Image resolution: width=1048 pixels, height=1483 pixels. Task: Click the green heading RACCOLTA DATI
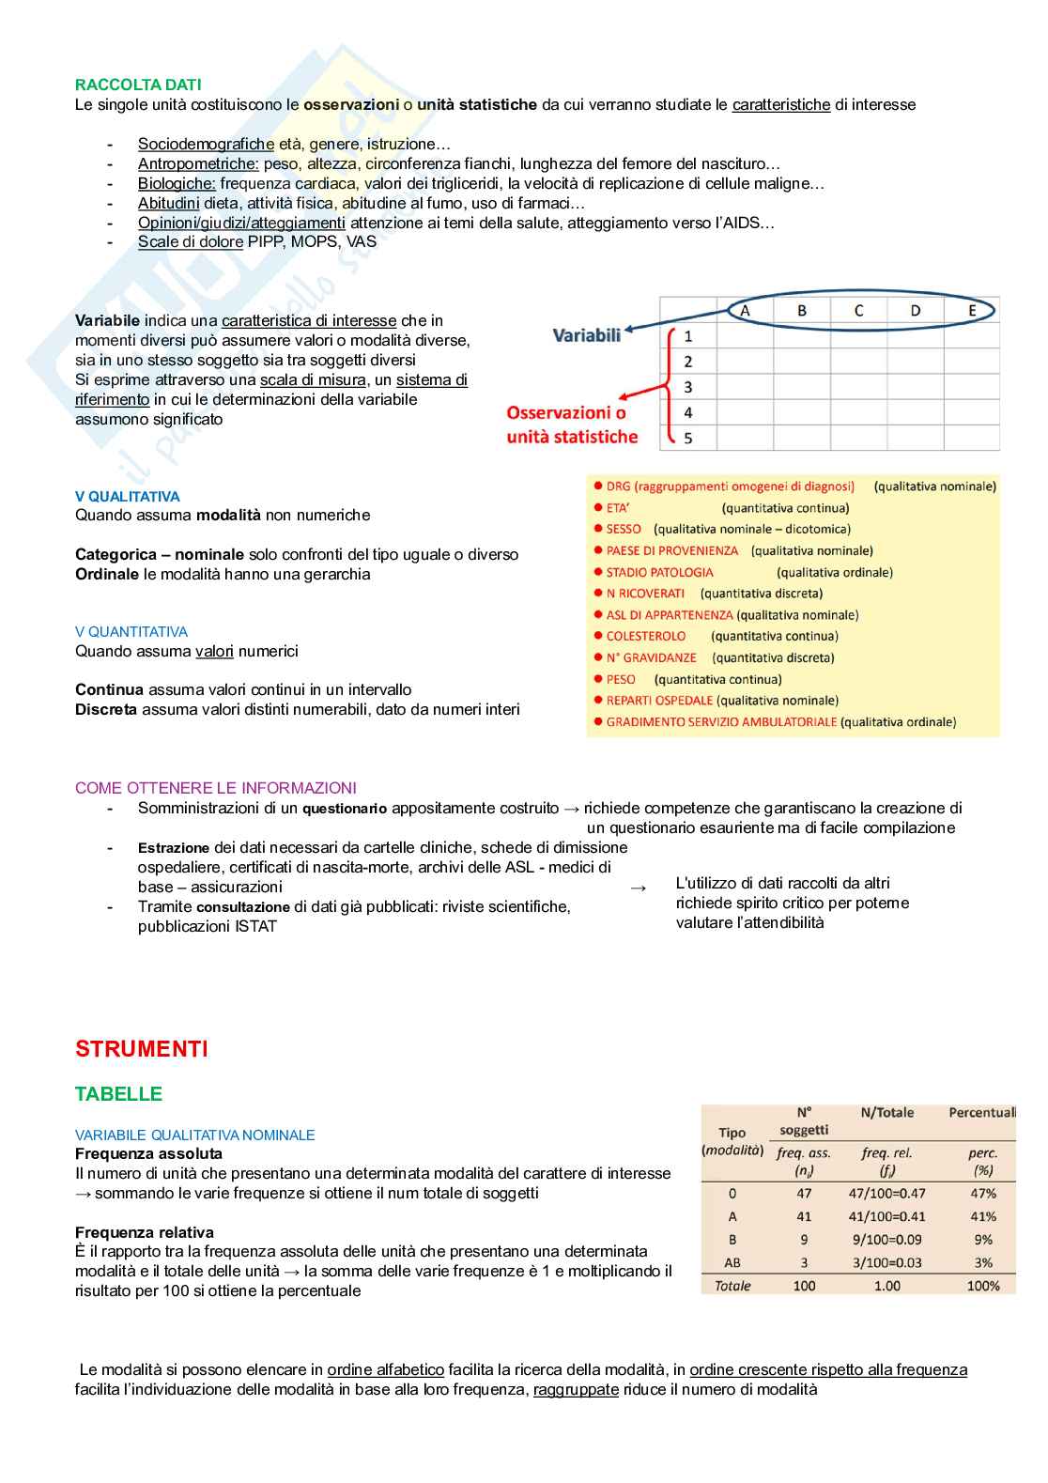tap(138, 85)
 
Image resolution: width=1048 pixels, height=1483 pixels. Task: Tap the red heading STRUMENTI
tap(141, 1049)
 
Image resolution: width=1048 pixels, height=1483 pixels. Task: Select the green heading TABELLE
tap(118, 1094)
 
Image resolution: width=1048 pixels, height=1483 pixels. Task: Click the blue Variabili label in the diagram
tap(586, 335)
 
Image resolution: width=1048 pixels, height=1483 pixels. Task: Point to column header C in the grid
tap(858, 311)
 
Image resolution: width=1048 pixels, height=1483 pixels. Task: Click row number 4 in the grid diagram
tap(688, 412)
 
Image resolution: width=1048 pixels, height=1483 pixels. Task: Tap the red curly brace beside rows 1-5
tap(669, 385)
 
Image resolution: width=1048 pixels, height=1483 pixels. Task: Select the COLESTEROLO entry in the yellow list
tap(646, 636)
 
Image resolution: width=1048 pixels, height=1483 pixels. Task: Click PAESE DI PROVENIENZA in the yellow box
tap(672, 550)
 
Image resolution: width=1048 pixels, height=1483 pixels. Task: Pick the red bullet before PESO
tap(597, 679)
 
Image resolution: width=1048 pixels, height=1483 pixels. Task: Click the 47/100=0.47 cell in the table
tap(886, 1194)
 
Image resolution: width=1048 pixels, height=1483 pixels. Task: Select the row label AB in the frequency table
tap(732, 1263)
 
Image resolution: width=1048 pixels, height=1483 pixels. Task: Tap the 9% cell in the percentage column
tap(982, 1240)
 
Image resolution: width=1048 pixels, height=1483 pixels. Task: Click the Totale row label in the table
tap(732, 1286)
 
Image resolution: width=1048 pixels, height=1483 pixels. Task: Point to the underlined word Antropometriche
tap(198, 164)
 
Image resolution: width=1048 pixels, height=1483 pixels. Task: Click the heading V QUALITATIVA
tap(127, 497)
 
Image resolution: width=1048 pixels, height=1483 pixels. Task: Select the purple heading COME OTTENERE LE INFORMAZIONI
tap(216, 788)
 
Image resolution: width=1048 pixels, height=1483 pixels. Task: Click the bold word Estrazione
tap(174, 847)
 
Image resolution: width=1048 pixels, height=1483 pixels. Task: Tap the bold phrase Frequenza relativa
tap(145, 1232)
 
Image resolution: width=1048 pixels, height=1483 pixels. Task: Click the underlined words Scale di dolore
tap(191, 242)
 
